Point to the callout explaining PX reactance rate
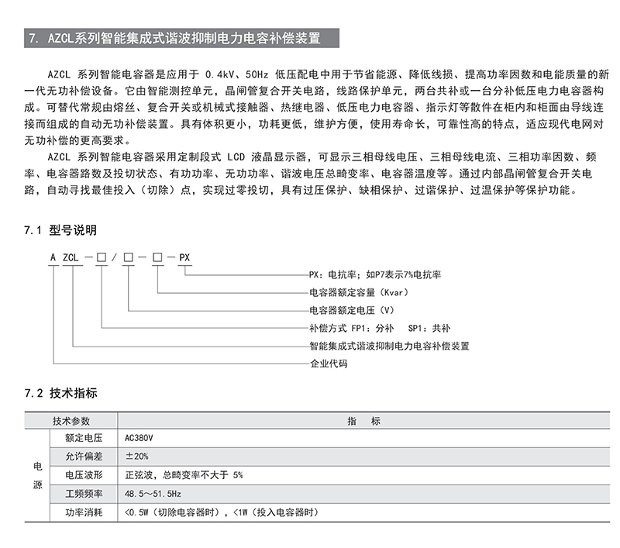point(374,274)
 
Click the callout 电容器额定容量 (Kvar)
point(358,292)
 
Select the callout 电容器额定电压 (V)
point(350,310)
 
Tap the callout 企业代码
point(329,363)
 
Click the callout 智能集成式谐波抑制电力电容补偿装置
point(389,346)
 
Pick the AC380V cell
point(140,437)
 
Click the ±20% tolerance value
point(136,456)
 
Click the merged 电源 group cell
point(37,474)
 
